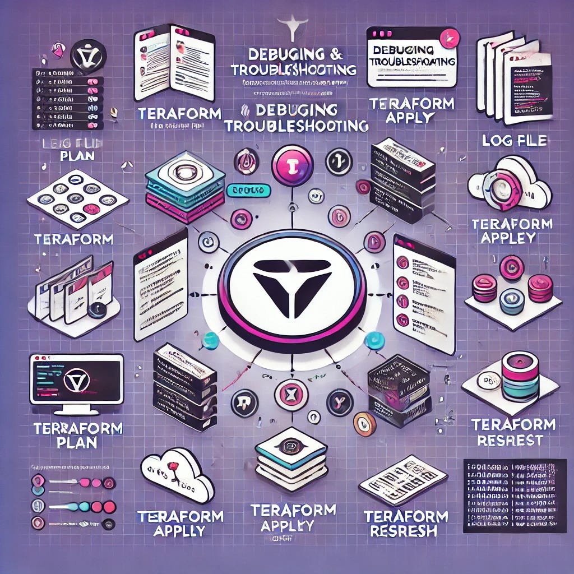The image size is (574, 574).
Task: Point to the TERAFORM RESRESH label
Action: point(406,523)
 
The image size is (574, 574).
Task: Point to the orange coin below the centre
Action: point(364,424)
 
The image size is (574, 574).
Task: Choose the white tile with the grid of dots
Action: point(77,199)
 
